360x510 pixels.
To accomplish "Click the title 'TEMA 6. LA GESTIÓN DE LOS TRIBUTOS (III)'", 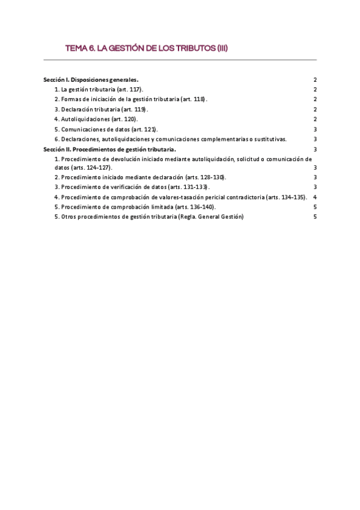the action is click(146, 48).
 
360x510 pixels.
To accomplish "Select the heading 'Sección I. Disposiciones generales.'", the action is click(91, 79).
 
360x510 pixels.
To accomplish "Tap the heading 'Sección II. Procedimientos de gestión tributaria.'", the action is click(110, 149).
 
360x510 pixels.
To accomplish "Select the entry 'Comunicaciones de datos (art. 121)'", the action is click(106, 129).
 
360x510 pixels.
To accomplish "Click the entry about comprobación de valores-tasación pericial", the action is click(181, 197).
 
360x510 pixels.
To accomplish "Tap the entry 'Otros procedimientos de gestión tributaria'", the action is click(148, 217).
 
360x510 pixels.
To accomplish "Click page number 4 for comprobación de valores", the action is click(315, 197).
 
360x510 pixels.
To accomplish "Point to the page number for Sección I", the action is click(315, 79).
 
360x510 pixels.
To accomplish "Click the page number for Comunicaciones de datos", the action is click(315, 129).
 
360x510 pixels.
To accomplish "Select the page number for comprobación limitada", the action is click(315, 207).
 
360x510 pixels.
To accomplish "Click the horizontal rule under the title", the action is click(180, 60).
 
